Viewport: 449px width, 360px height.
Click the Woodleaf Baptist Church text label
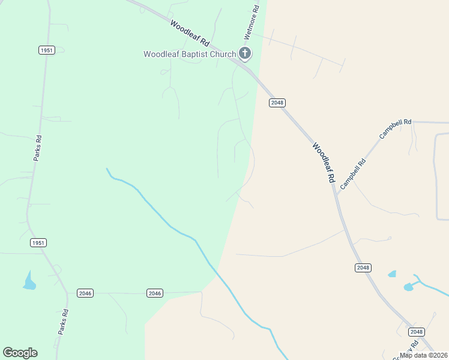190,55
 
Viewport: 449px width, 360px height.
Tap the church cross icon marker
245,53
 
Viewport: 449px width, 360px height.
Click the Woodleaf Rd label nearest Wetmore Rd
189,34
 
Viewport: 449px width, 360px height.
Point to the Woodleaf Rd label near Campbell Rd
323,163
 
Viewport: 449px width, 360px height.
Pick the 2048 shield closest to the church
277,103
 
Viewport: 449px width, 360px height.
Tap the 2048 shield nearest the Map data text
416,332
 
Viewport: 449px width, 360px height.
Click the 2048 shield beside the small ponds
363,268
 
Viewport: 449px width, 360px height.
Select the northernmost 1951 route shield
47,50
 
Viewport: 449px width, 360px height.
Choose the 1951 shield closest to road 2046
38,243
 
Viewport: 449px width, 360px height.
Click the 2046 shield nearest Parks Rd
85,293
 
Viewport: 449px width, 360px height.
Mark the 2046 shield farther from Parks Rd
155,293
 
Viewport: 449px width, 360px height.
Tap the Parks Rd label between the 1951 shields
37,148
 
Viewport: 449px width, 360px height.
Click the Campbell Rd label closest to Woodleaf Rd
353,175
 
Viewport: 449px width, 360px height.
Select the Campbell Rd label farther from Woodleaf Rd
395,129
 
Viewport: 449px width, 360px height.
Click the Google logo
20,353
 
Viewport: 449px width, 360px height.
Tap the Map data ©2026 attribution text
423,355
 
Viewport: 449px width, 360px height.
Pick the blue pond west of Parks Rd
29,281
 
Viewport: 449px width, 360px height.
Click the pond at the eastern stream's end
409,287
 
